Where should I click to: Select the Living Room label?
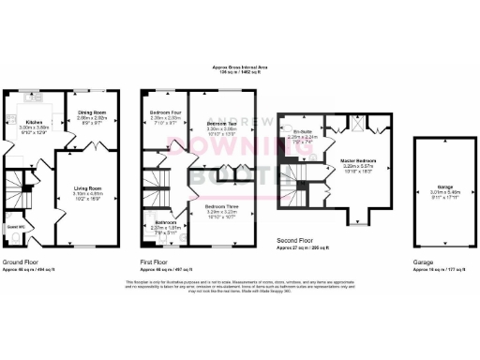[89, 188]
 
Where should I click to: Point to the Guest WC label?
[16, 226]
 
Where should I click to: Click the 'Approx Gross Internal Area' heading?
[239, 68]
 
